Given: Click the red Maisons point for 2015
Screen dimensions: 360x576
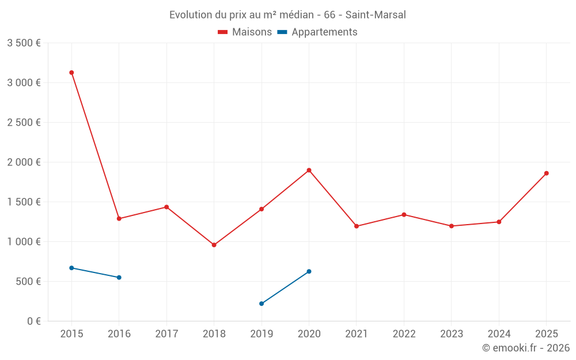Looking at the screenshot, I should (x=71, y=73).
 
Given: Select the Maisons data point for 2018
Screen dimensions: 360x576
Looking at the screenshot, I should (x=214, y=245).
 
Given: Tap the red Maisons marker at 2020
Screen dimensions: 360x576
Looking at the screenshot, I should (x=309, y=170).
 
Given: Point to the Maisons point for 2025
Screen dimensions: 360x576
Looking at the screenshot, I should (x=546, y=173).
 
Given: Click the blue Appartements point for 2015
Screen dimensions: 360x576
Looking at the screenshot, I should (x=71, y=268).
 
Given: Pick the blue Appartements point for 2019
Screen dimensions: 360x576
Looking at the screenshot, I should (x=262, y=304).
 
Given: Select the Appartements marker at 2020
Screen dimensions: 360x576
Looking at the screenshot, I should (x=309, y=271).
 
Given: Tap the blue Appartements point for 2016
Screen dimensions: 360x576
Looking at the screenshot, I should (x=119, y=278).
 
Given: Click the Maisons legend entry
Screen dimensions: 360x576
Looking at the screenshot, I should (x=245, y=32).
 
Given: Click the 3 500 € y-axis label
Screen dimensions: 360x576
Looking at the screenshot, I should (x=24, y=43).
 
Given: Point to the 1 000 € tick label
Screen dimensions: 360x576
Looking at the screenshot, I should (x=24, y=242).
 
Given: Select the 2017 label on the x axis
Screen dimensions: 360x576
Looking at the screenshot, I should (x=166, y=334).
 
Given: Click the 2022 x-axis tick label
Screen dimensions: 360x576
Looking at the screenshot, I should (x=404, y=334).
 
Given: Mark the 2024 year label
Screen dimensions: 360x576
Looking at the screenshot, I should (x=499, y=334).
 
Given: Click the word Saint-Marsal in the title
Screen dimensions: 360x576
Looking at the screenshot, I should (x=376, y=15).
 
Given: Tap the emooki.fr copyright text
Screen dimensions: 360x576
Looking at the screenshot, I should (x=525, y=348).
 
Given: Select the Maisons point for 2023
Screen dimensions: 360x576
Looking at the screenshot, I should (x=451, y=226).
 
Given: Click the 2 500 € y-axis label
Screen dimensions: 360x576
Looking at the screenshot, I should (x=24, y=123).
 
